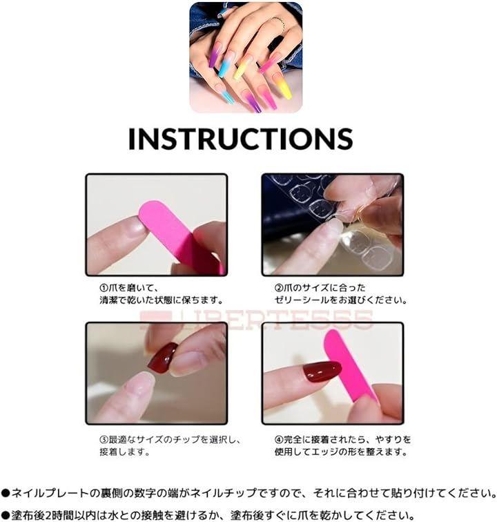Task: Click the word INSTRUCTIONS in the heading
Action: (240, 139)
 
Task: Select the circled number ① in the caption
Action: (104, 288)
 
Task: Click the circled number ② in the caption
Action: (279, 288)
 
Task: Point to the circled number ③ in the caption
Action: (104, 439)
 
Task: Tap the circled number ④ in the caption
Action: (279, 439)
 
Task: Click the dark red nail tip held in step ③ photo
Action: (163, 358)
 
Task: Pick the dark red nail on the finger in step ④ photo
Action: (322, 371)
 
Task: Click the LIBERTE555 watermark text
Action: (256, 320)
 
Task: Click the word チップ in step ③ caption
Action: (188, 439)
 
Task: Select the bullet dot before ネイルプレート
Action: (6, 493)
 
